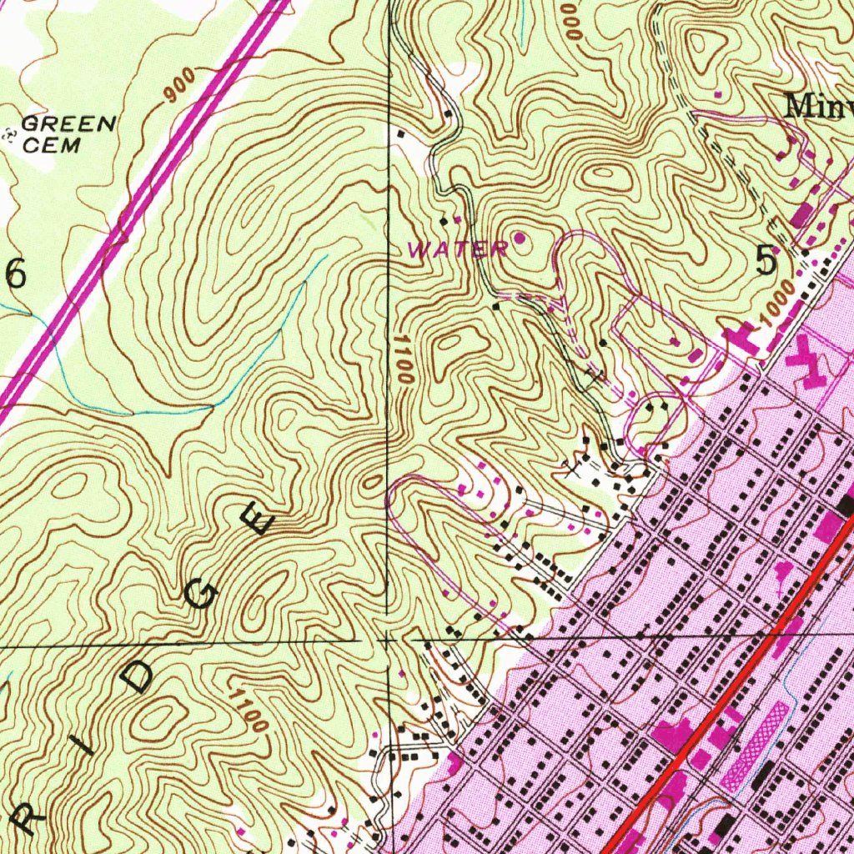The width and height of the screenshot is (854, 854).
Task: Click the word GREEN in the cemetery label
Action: click(68, 125)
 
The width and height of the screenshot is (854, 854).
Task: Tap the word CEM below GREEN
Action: click(52, 145)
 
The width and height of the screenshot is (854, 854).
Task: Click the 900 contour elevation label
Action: click(179, 87)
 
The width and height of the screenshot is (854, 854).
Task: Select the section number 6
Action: click(17, 274)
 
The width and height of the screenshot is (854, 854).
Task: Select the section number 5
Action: click(766, 262)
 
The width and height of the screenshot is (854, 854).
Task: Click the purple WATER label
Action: click(457, 249)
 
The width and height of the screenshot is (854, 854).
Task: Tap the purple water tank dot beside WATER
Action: click(520, 239)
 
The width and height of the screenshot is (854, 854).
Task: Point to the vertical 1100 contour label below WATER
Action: click(404, 360)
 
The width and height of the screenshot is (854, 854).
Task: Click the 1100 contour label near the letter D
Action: click(249, 711)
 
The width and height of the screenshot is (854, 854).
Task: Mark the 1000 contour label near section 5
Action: click(776, 318)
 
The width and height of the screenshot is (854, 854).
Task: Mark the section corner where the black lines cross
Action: click(389, 640)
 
